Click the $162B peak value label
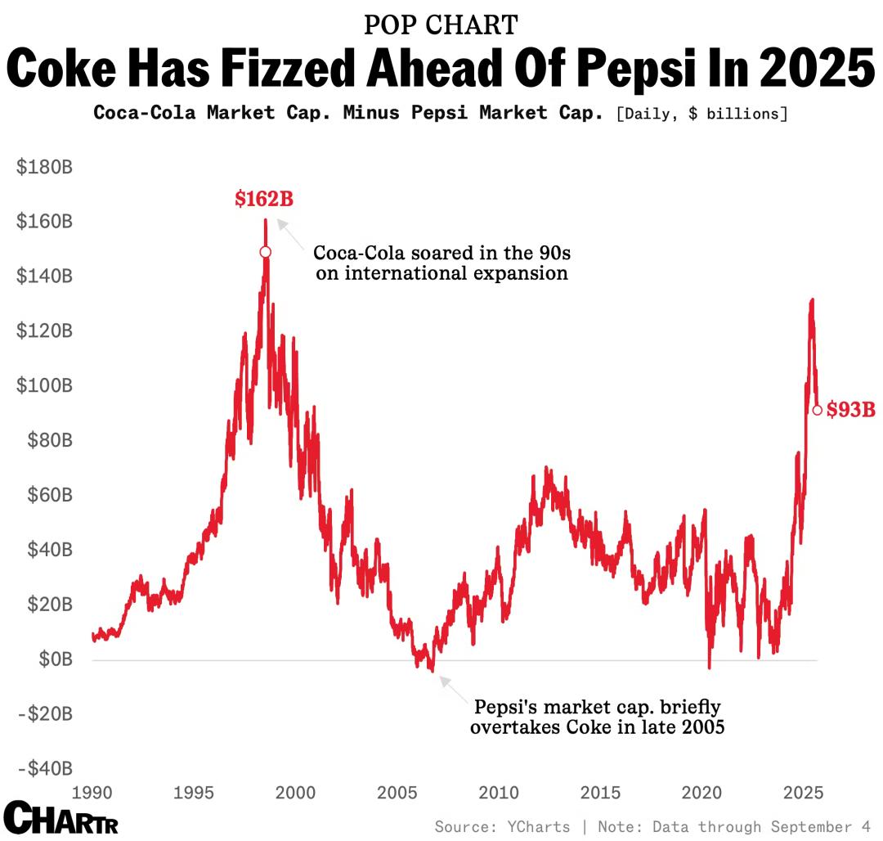[263, 199]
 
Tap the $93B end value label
[850, 410]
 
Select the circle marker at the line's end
[817, 410]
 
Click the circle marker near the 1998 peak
[265, 252]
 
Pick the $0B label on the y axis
[56, 659]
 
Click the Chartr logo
[61, 818]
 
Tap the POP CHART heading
[441, 25]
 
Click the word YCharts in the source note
[536, 826]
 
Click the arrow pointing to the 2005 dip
[454, 690]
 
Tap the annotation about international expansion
[441, 262]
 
